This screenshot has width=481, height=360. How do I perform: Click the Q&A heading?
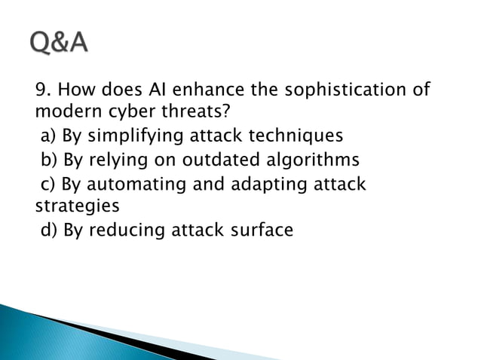[60, 44]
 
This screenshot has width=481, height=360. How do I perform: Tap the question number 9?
[42, 90]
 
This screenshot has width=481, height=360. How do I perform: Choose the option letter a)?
[48, 137]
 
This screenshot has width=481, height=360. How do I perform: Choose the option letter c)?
[47, 184]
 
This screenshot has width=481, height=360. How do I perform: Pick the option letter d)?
[49, 230]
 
